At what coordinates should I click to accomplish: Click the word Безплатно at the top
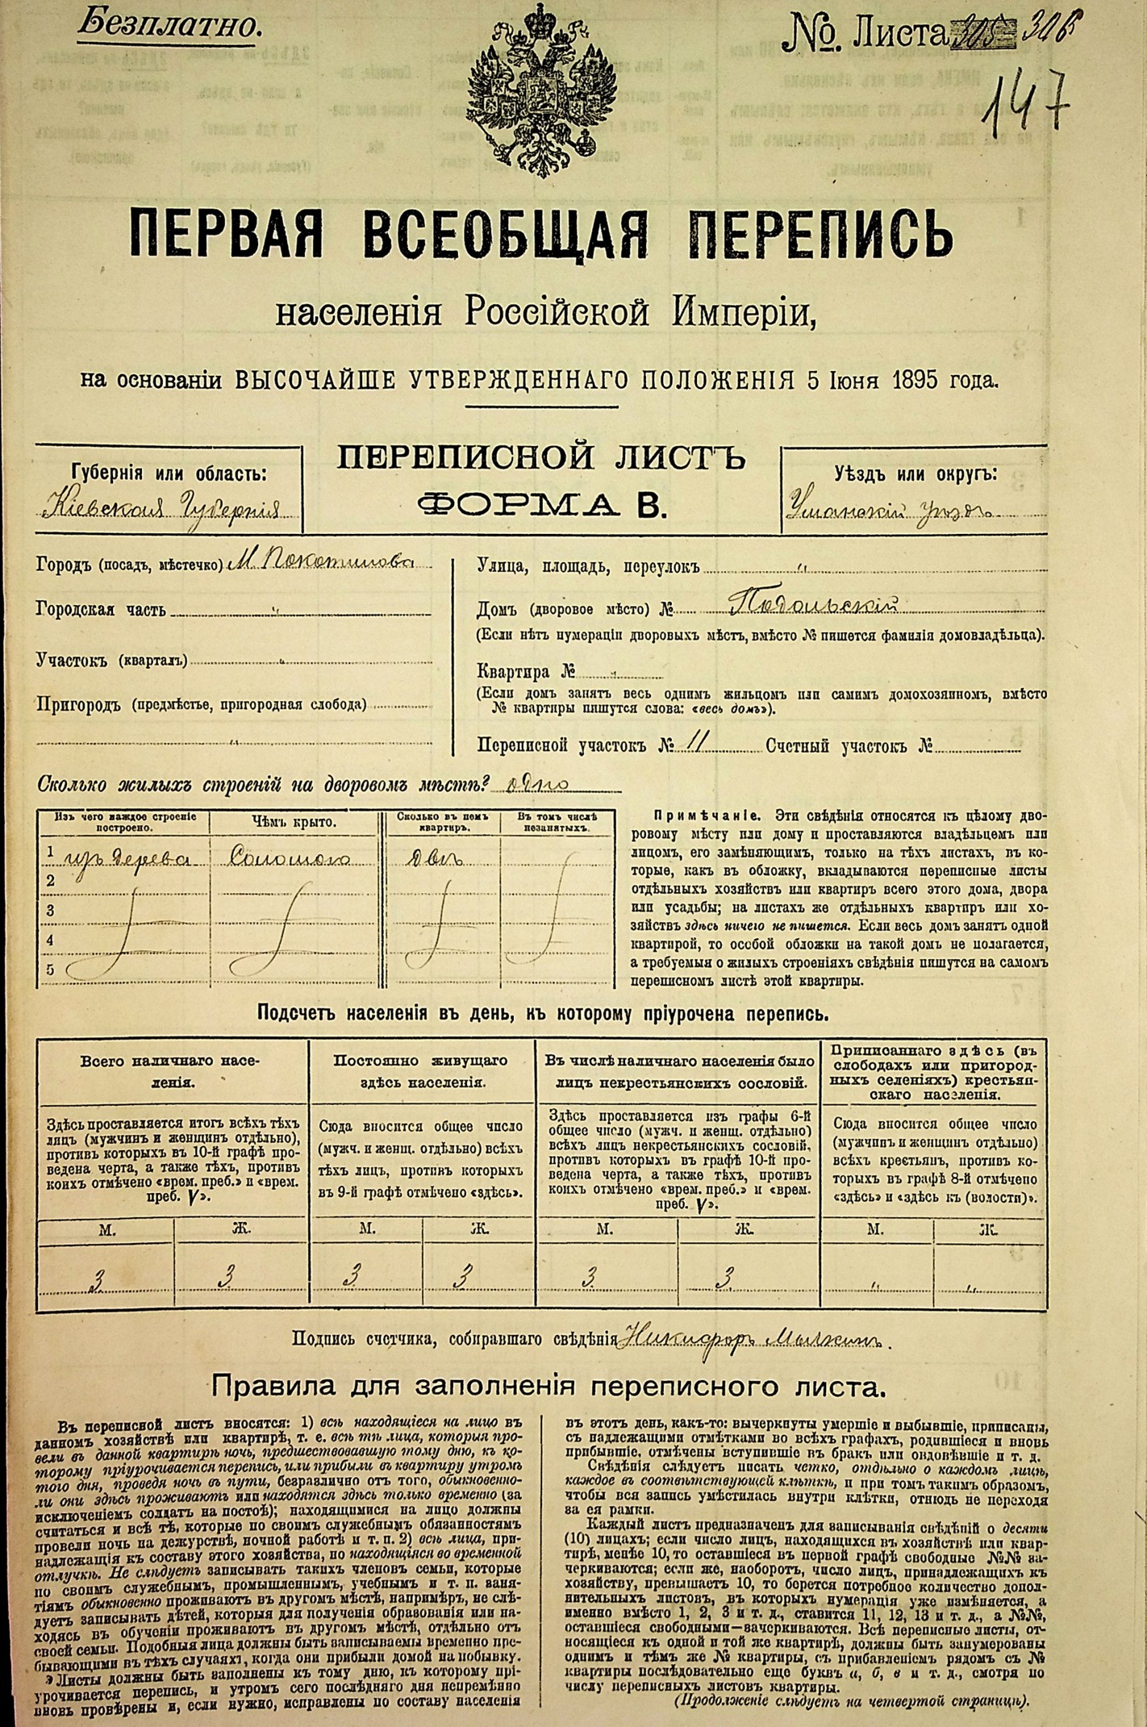(x=169, y=25)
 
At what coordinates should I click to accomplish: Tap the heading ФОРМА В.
(x=540, y=505)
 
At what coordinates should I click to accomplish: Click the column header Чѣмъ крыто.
(x=293, y=823)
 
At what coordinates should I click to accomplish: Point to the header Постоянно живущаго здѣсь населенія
(x=421, y=1071)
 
